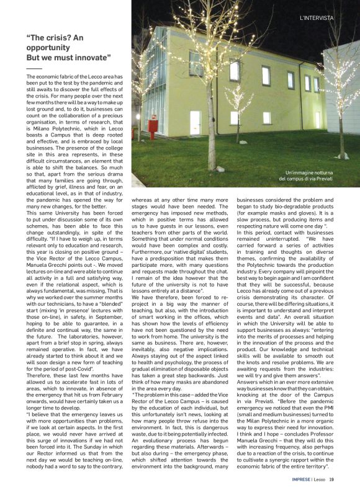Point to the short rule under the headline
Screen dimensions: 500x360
pos(34,68)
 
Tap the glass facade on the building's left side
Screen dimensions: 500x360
pos(152,93)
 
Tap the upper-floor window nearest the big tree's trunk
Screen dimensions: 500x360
pos(233,71)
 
